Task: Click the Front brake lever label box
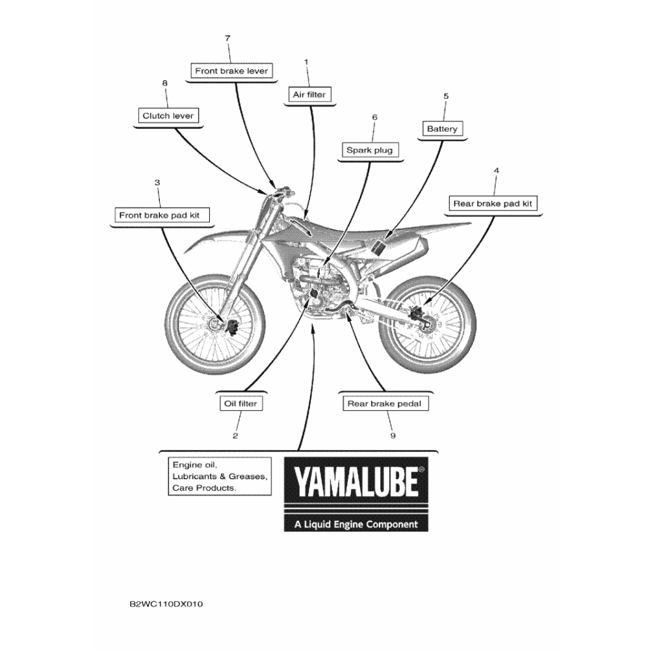[x=231, y=71]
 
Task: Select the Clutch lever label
[x=168, y=116]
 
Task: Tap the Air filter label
[x=309, y=94]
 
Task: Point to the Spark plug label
[x=369, y=150]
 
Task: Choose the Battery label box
[x=442, y=129]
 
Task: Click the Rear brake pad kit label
[x=493, y=203]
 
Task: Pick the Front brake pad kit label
[x=162, y=215]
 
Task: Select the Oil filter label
[x=240, y=404]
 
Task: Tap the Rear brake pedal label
[x=385, y=404]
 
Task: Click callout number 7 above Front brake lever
[x=227, y=38]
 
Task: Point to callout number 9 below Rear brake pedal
[x=393, y=435]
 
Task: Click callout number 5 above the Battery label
[x=446, y=96]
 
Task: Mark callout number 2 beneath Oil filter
[x=235, y=435]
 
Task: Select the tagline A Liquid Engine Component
[x=356, y=525]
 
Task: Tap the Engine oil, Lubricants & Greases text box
[x=220, y=476]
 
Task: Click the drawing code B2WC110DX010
[x=166, y=604]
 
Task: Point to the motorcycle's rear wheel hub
[x=426, y=323]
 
